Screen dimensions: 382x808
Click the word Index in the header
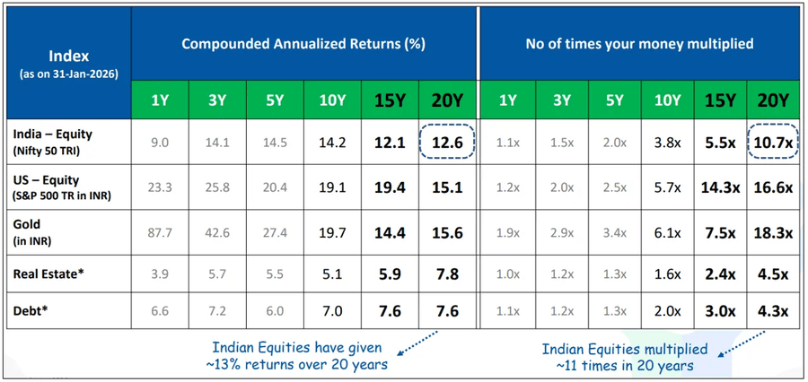pos(67,55)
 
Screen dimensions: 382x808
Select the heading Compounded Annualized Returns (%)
pos(303,43)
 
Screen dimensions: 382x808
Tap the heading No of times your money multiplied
pos(639,43)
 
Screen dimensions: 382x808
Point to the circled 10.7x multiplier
pos(774,143)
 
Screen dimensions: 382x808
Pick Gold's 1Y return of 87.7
pos(160,232)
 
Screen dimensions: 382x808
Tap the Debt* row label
pos(30,310)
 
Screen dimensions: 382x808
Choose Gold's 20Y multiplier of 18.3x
pos(774,232)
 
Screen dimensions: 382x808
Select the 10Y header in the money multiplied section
pos(666,100)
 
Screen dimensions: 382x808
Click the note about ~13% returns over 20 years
pos(297,356)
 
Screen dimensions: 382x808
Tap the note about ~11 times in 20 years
pos(626,357)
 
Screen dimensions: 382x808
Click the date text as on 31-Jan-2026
pos(68,74)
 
